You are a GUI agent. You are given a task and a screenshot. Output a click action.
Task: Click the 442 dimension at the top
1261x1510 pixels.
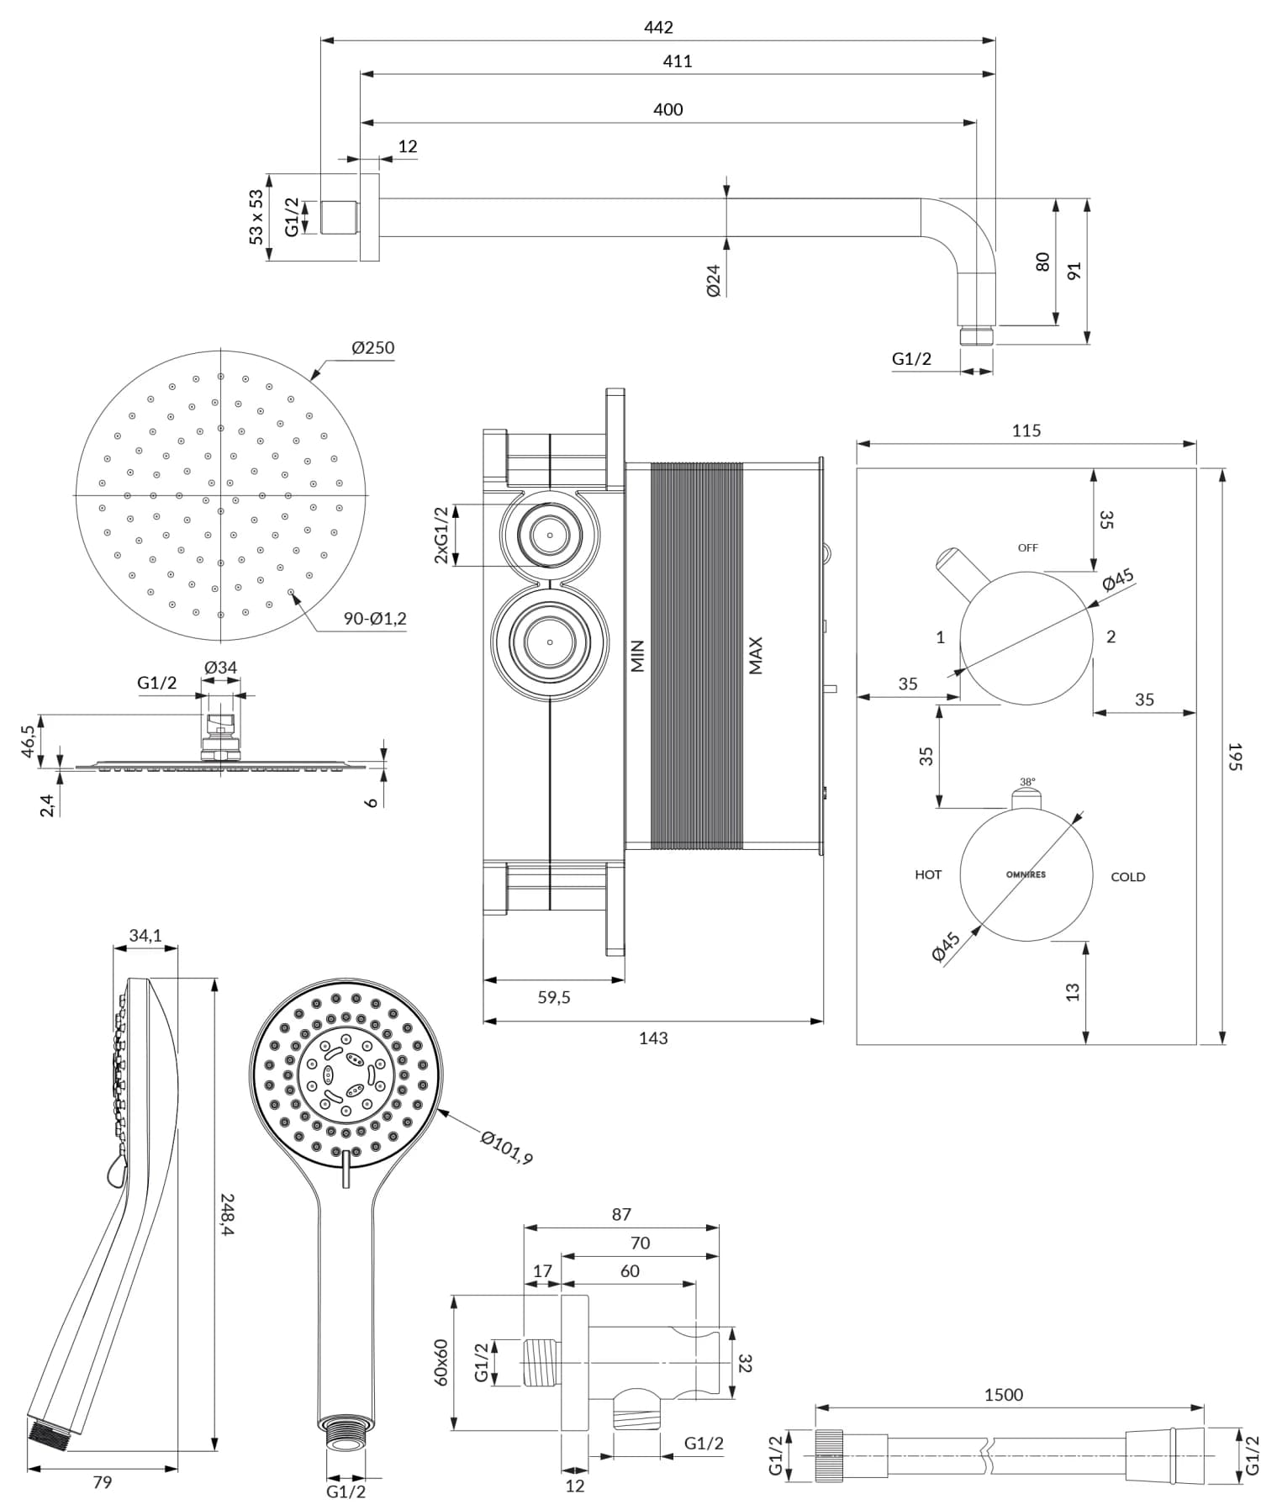point(658,28)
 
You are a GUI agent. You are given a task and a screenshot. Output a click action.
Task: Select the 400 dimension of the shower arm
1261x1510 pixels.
point(667,110)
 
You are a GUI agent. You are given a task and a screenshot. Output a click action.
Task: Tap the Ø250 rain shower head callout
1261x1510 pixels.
point(372,348)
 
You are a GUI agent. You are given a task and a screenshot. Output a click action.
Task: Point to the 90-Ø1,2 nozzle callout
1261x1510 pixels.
point(375,619)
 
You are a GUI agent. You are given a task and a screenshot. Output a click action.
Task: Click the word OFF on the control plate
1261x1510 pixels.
point(1027,548)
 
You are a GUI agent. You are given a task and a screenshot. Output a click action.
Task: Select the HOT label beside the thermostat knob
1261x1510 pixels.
point(928,875)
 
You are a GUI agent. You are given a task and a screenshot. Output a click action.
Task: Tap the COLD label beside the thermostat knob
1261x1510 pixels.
point(1127,877)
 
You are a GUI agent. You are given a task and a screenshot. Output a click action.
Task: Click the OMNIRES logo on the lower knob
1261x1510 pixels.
point(1026,874)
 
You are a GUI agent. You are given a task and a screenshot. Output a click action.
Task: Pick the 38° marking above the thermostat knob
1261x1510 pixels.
point(1027,782)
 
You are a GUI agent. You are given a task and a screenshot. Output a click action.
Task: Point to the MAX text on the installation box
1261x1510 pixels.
point(756,656)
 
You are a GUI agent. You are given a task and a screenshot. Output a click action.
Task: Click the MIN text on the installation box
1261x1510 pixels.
point(637,656)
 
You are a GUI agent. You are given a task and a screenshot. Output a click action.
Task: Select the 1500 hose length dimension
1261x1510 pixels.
point(1004,1396)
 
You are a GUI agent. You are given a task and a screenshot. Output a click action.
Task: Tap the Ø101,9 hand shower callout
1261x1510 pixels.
point(507,1148)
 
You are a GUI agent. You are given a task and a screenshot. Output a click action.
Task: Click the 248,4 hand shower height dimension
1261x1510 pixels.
point(228,1214)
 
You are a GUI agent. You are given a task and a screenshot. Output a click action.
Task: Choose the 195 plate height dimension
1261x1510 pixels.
point(1233,757)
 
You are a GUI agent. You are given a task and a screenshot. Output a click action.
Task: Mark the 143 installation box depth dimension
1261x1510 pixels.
point(653,1038)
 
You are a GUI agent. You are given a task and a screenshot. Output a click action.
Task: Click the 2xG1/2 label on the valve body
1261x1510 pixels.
point(441,536)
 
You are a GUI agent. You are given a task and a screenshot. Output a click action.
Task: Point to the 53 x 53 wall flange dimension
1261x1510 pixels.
point(256,217)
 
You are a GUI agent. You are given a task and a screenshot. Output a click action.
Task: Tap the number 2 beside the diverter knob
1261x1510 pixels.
point(1111,637)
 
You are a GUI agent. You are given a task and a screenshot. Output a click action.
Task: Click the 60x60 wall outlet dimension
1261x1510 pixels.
point(441,1363)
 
